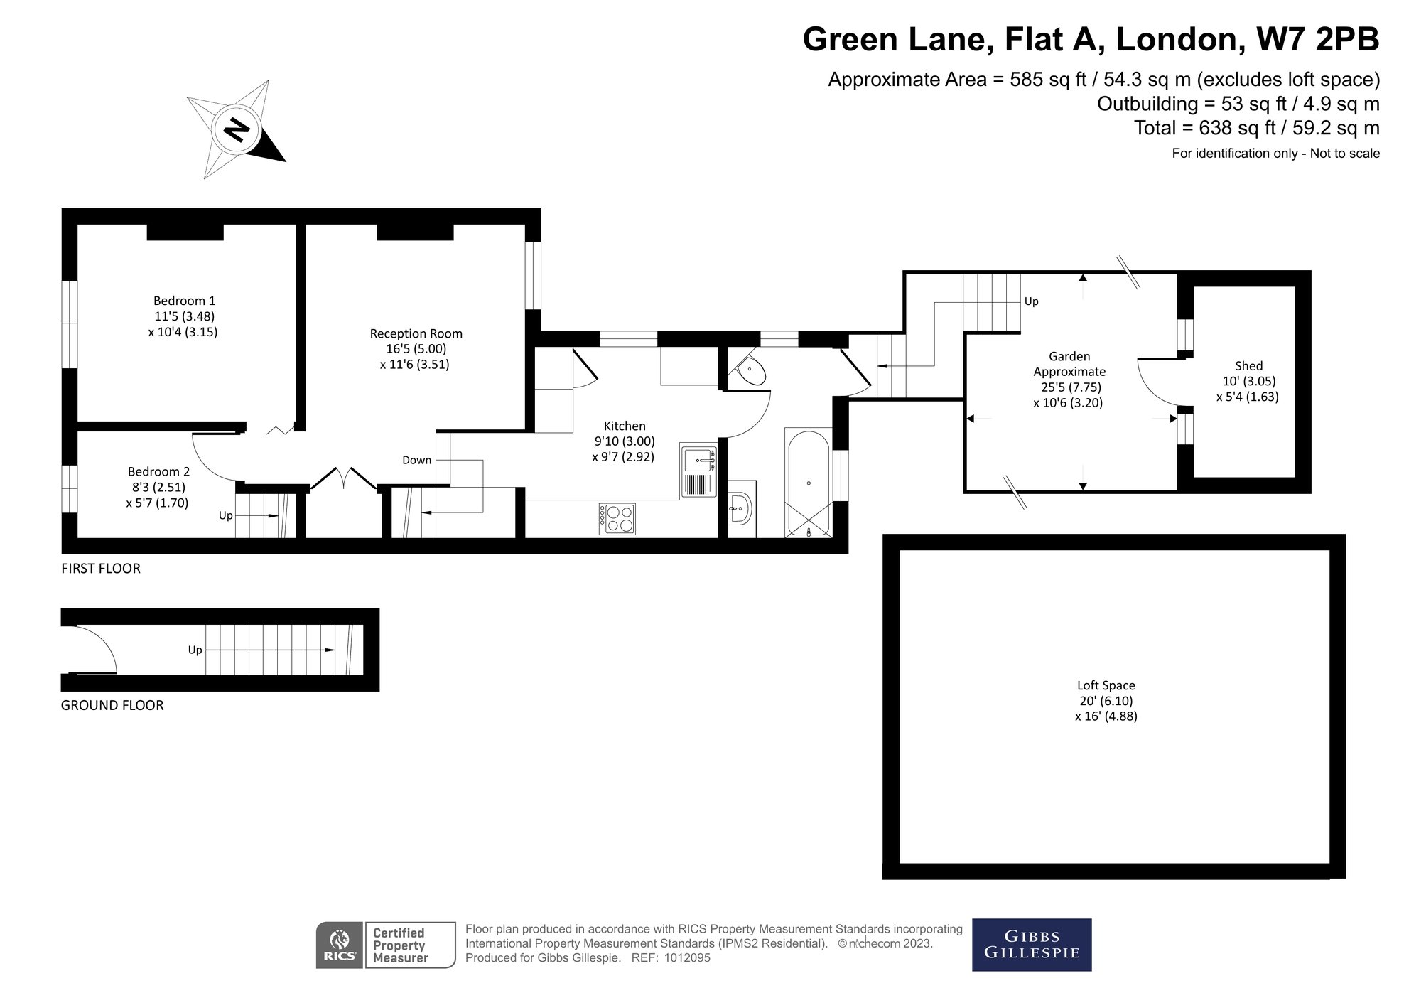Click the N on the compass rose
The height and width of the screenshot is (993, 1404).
point(236,130)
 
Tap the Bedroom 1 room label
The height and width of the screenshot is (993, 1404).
point(184,301)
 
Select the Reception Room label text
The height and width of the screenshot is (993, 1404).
point(416,333)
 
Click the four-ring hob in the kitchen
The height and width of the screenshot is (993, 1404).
point(617,519)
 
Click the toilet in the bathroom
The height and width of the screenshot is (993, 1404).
point(750,370)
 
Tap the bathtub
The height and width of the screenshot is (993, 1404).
point(809,483)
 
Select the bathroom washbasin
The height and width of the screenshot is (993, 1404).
point(739,509)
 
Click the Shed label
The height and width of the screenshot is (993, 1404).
point(1248,366)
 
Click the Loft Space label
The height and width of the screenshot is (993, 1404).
point(1106,685)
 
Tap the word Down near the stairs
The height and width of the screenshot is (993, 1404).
point(416,460)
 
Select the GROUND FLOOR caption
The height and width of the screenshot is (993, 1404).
point(112,705)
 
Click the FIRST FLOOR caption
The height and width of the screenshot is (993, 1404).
point(101,568)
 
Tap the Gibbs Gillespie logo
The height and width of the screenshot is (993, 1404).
point(1031,945)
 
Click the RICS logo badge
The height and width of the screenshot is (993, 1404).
point(340,945)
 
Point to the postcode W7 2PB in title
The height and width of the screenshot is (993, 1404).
point(1318,39)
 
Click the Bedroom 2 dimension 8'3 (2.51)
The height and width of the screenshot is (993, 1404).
point(158,487)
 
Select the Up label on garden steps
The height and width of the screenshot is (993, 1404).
point(1031,301)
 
